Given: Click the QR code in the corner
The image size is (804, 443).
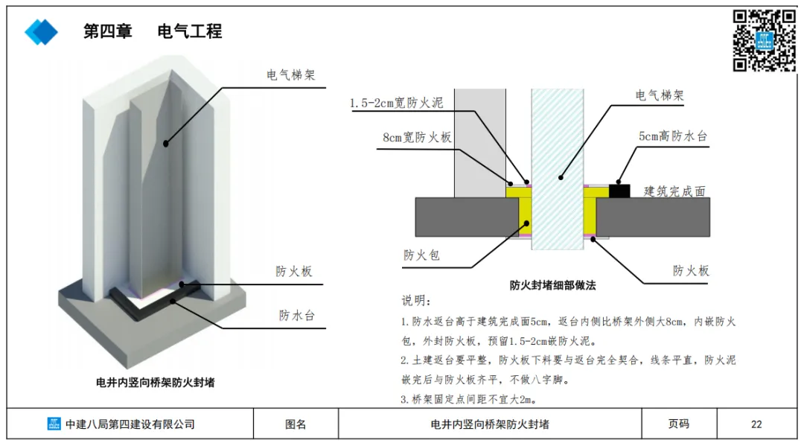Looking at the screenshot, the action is coord(765,40).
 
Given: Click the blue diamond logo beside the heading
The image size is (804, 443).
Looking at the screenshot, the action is coord(41,31).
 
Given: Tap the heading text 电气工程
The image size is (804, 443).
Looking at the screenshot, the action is coord(190,31).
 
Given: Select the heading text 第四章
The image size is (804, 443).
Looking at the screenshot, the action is coord(108,31).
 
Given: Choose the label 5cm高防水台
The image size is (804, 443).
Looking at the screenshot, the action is coord(671,137).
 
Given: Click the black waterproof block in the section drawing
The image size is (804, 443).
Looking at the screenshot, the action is coord(619,190).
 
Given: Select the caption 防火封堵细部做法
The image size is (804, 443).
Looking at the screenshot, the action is coord(553,284).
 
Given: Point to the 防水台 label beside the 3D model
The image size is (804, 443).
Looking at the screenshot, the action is coord(297,315).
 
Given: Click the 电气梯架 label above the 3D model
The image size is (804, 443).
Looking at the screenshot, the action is coord(291,75).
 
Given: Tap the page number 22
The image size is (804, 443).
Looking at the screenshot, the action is coord(756,424).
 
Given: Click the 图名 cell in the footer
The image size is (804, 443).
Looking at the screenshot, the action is coord(296,424).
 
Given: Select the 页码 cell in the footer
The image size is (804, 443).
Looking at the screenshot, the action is coord(678,424).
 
